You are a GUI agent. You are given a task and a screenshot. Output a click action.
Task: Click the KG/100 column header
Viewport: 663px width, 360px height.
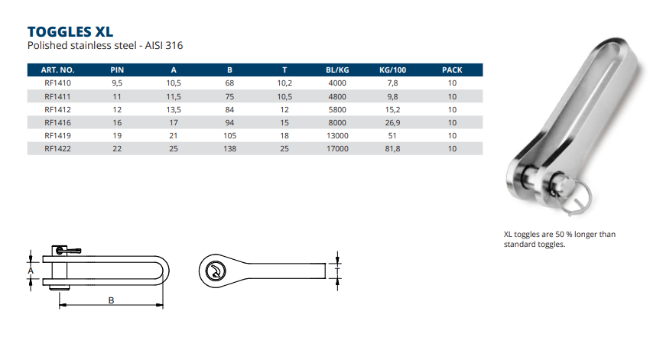[x=392, y=70]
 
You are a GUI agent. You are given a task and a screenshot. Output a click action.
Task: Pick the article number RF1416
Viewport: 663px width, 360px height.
[x=58, y=122]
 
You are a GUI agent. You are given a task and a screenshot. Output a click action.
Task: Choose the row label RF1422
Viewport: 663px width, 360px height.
[x=58, y=148]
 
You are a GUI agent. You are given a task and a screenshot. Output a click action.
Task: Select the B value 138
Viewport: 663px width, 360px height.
[x=229, y=148]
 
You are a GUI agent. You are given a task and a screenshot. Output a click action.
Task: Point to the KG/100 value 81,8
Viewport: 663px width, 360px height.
[x=392, y=148]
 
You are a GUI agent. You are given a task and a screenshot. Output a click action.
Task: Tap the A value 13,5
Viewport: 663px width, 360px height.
[x=174, y=109]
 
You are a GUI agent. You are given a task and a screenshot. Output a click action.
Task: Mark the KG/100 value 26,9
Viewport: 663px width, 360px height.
[x=392, y=122]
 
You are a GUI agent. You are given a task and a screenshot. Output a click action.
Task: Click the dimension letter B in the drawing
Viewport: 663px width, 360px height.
[x=112, y=301]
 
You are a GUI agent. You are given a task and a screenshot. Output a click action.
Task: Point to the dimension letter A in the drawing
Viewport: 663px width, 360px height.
[x=31, y=271]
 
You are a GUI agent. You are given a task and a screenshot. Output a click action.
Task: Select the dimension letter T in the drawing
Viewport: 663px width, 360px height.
[x=337, y=270]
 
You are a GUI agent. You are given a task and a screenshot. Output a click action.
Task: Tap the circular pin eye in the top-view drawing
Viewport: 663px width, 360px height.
[x=216, y=270]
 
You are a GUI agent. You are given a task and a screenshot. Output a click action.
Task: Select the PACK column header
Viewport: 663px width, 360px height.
[x=452, y=70]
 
